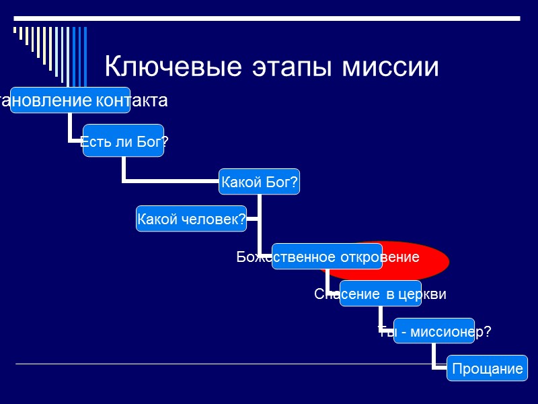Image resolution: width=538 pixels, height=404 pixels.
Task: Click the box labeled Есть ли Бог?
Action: (123, 141)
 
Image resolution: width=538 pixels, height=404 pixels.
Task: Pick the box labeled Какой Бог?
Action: (260, 182)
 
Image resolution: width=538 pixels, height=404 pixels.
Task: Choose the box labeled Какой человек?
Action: (191, 219)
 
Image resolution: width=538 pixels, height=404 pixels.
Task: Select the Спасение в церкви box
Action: (380, 294)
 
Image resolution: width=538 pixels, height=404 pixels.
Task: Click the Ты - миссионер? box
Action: (434, 331)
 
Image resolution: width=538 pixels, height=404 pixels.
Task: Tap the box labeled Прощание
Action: (488, 368)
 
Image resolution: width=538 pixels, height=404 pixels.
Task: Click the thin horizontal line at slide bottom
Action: (202, 364)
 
